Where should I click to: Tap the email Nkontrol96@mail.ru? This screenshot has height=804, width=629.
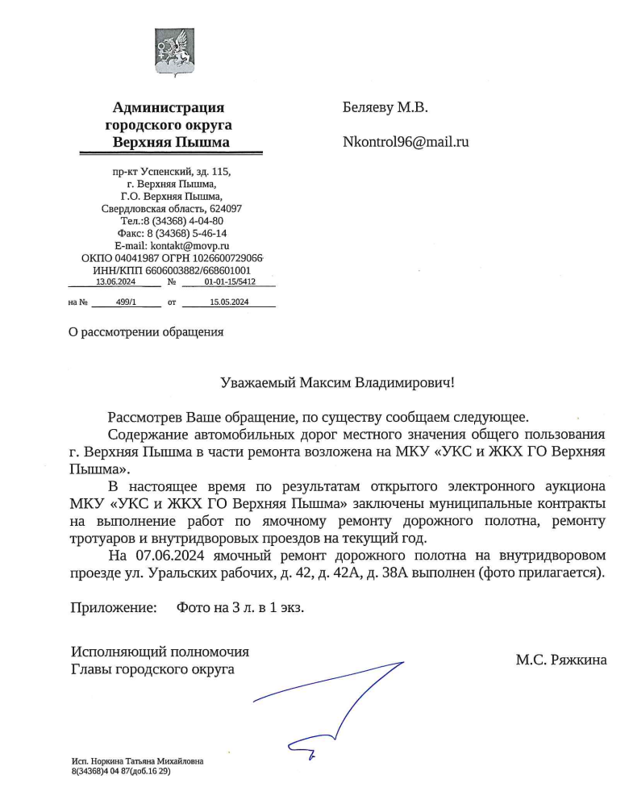406,143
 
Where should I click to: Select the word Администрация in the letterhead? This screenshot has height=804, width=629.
169,107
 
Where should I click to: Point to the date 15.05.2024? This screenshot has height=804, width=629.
229,302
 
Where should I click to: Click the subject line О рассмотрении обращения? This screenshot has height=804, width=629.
147,331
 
